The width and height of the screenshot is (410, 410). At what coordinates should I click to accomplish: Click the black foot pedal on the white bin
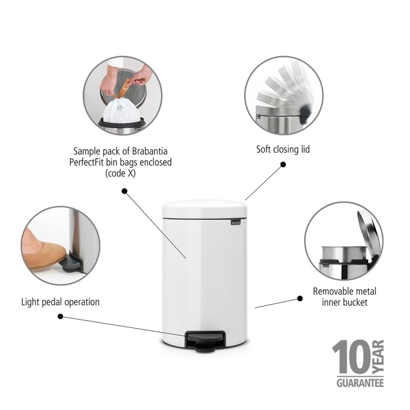205,341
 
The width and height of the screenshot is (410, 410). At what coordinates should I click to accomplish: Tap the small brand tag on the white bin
236,222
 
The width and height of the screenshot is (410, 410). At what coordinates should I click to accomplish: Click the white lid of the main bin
204,208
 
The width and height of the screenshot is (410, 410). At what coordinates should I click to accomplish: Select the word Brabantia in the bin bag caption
150,151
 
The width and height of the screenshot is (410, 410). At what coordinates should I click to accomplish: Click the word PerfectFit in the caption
87,162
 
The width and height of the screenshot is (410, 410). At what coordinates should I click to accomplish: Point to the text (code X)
120,173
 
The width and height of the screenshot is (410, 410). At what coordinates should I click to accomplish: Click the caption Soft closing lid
283,150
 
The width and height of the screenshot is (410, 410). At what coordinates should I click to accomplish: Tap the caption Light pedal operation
60,302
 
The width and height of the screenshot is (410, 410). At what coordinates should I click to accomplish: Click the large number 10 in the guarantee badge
351,357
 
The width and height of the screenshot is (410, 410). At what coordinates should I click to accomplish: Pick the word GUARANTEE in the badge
360,383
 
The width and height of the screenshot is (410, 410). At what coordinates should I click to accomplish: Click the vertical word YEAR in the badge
378,356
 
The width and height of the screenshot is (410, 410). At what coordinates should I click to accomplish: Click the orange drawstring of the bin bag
123,89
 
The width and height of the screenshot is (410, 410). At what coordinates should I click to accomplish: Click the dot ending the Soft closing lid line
283,165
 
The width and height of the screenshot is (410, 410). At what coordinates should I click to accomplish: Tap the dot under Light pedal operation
60,317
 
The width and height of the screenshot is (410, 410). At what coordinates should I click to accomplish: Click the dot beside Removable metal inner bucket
300,298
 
